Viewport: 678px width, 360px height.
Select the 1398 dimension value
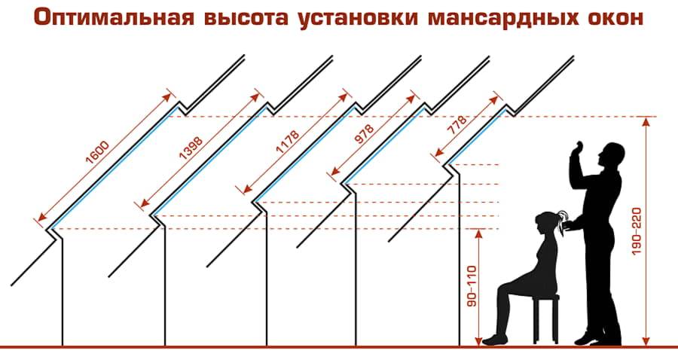coord(191,148)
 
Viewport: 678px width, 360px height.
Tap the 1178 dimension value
coord(288,142)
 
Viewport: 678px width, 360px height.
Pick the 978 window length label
coord(364,133)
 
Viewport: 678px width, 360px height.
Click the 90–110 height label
coord(472,286)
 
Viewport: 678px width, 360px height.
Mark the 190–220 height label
coord(637,231)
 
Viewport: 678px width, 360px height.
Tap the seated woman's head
coord(545,223)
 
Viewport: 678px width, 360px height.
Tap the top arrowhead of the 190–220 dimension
coord(646,121)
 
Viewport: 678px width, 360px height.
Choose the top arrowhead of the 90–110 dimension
coord(478,233)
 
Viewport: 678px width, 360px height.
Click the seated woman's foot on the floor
coord(493,340)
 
